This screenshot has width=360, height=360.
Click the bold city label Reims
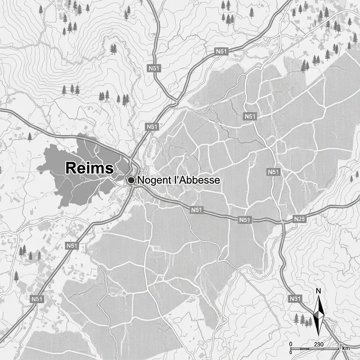[89, 168]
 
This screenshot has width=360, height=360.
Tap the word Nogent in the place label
[153, 180]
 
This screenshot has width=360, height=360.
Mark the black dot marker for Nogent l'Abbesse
[131, 180]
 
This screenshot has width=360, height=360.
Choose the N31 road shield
[295, 298]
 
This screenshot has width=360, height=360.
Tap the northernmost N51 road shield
[221, 52]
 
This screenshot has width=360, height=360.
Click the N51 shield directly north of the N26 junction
[273, 172]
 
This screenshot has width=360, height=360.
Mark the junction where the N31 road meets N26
[283, 221]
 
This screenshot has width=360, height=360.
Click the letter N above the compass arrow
[319, 291]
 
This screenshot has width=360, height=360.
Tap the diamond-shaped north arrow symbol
[319, 314]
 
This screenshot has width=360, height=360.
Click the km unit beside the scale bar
[346, 348]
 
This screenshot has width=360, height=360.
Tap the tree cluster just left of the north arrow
[303, 320]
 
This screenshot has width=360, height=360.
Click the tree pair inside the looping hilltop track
[113, 49]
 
